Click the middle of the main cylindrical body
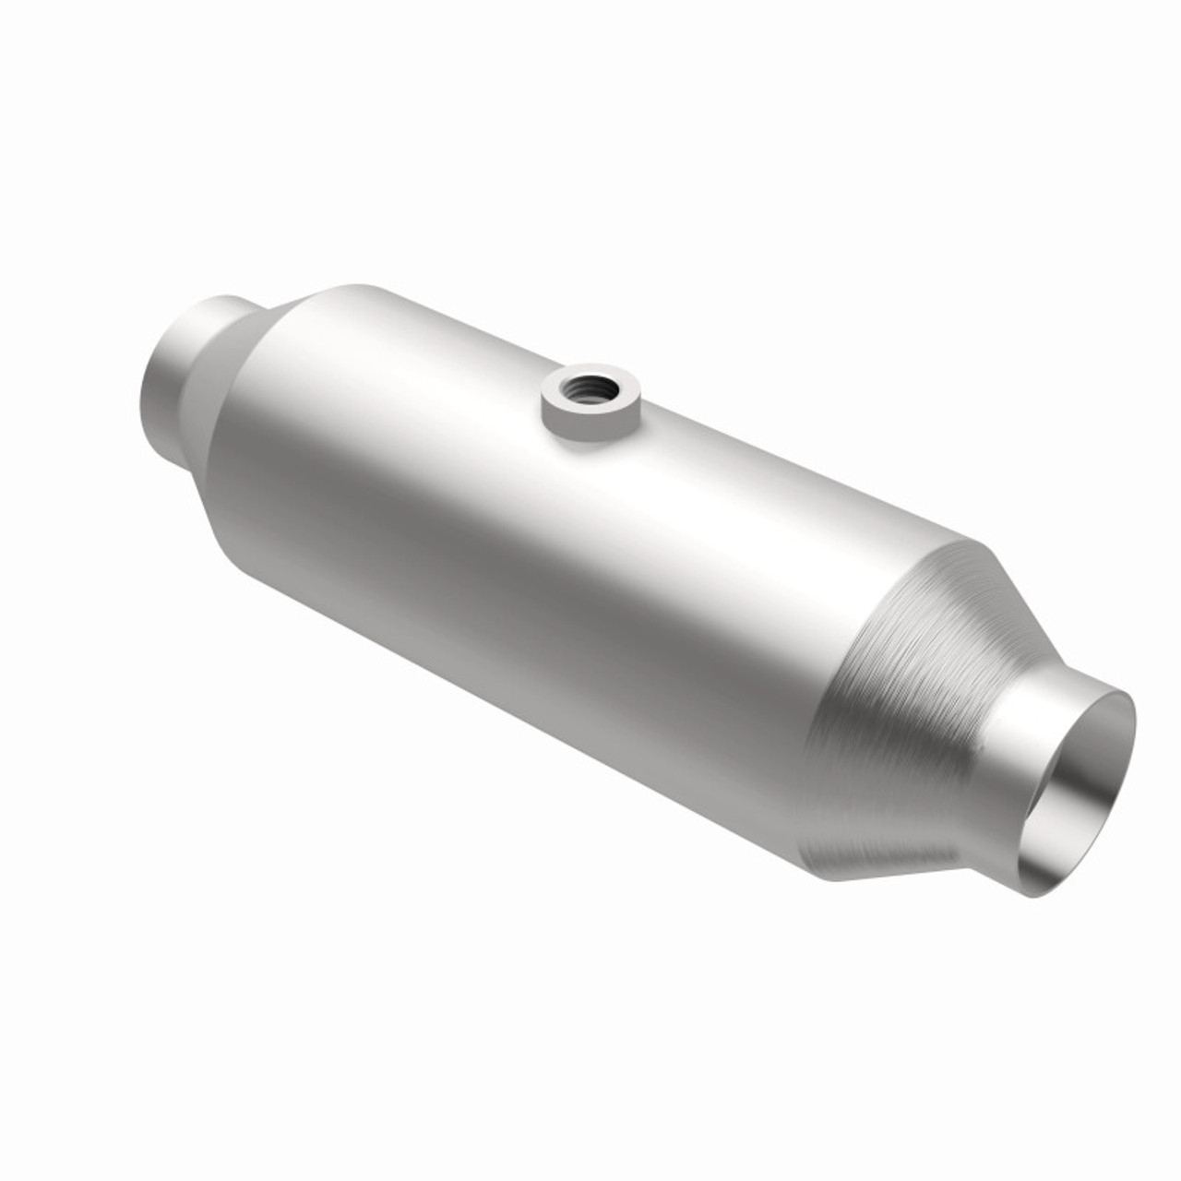click(x=554, y=535)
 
